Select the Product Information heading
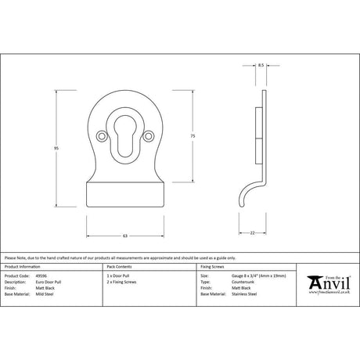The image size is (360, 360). tap(23, 268)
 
